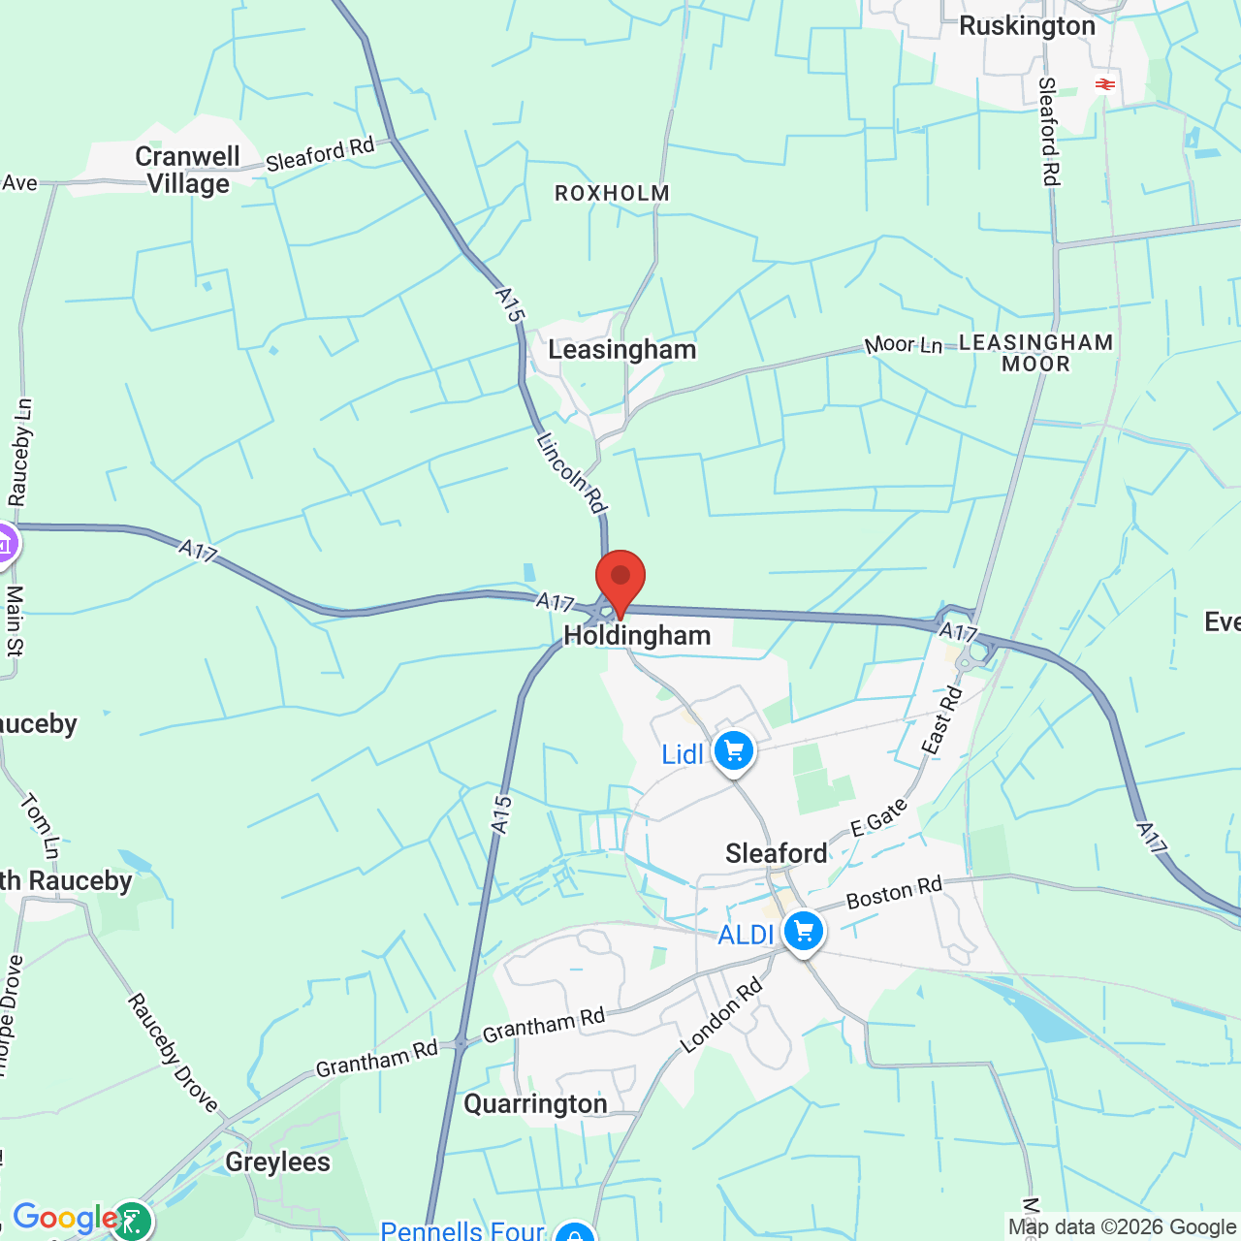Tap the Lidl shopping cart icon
(x=734, y=751)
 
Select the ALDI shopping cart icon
(x=803, y=932)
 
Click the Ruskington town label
(x=1027, y=26)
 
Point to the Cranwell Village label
(x=188, y=170)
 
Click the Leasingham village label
(x=622, y=350)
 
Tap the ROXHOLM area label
(x=612, y=194)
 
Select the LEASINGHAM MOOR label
(x=1035, y=353)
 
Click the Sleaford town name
(x=777, y=853)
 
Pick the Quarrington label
(x=535, y=1104)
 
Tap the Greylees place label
(x=277, y=1161)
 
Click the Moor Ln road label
(x=903, y=344)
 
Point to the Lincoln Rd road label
(x=571, y=473)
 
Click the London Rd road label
(x=721, y=1015)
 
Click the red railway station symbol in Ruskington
(x=1104, y=84)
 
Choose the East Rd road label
(x=941, y=719)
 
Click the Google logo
(x=65, y=1218)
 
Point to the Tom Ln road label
(x=40, y=826)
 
